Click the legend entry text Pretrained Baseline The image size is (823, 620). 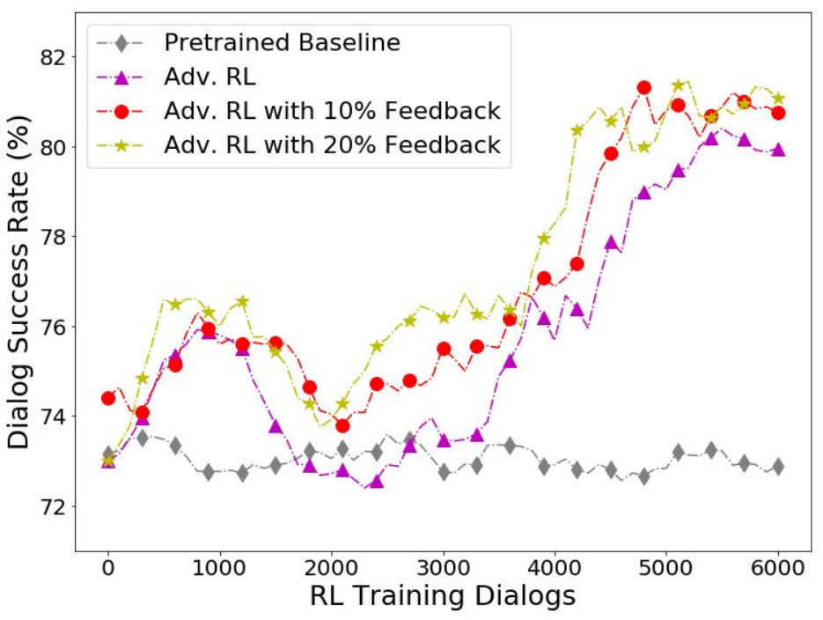[282, 43]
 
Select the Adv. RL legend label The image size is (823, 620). [210, 77]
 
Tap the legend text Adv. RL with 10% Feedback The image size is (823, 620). [332, 111]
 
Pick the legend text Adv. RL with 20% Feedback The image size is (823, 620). [332, 145]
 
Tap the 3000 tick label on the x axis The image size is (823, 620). [444, 568]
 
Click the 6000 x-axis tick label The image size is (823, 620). [778, 568]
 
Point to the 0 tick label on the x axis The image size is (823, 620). [108, 568]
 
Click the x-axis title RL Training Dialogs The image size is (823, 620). [443, 596]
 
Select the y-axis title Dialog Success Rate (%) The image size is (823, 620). [18, 283]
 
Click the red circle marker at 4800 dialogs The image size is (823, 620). [644, 88]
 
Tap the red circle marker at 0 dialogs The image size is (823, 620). [108, 398]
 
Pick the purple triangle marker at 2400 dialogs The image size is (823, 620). [377, 482]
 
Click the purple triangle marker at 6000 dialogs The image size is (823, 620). [778, 150]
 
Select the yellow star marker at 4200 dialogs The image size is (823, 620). [577, 130]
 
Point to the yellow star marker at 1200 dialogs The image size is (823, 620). [242, 301]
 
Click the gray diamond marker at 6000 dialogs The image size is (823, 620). [778, 466]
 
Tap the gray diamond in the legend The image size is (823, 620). [121, 43]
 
